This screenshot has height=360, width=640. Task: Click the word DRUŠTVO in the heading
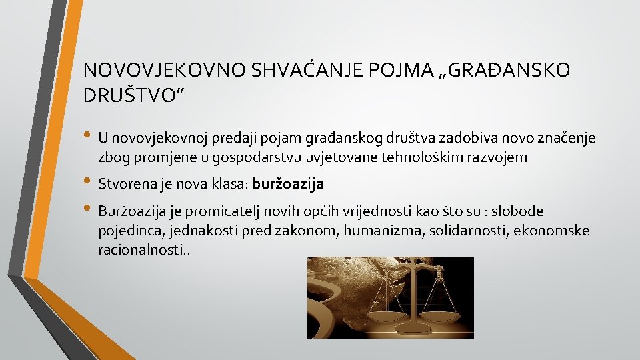(129, 95)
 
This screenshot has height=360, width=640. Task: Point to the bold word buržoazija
(289, 183)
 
